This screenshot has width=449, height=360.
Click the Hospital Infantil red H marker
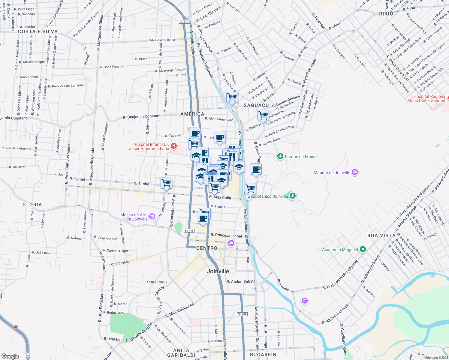point(173,146)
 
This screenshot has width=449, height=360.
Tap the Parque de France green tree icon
point(280,156)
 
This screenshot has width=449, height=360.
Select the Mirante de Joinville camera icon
point(355,172)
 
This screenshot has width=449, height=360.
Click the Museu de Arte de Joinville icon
point(152,216)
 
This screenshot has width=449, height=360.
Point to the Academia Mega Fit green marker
point(363,249)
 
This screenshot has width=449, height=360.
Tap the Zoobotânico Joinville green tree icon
point(293,196)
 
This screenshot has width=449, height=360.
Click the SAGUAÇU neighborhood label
point(256,105)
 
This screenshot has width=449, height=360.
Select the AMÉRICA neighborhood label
point(192,114)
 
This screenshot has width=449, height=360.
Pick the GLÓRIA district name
point(32,205)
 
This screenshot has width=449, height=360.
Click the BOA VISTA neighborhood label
point(381,235)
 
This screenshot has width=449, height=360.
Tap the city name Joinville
point(218,271)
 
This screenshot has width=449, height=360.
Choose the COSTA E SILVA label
point(38,31)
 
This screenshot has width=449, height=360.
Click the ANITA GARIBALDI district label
point(181,352)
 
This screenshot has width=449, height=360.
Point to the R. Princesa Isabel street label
point(226,235)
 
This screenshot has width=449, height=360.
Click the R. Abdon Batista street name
point(241,281)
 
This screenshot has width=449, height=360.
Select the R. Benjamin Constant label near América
point(142,116)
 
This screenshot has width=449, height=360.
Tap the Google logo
point(10,356)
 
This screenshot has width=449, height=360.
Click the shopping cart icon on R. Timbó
point(166,183)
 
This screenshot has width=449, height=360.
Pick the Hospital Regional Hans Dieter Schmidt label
point(427,98)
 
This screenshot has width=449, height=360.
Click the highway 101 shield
point(28,355)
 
